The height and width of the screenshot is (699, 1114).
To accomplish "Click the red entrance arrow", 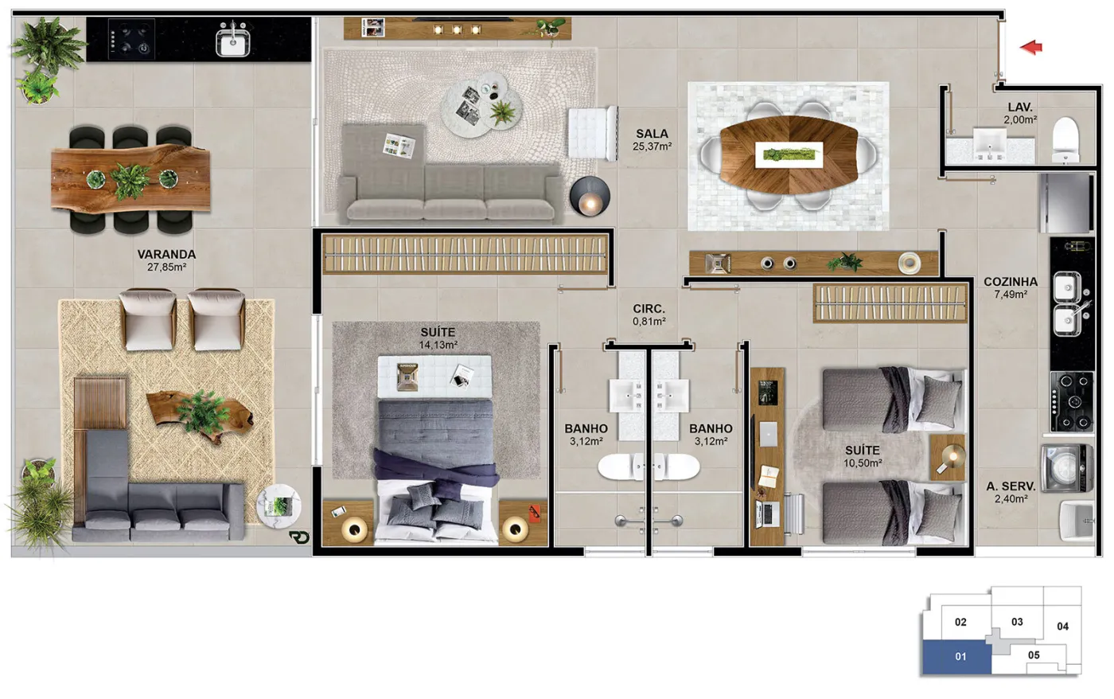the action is (x=1031, y=47).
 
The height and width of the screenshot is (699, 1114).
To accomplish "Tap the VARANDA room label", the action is (x=166, y=254).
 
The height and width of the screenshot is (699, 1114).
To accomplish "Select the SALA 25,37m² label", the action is (x=652, y=140).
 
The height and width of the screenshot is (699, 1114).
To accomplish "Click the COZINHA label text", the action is (x=1011, y=282).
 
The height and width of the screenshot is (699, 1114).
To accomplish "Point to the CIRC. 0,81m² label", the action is (x=649, y=315).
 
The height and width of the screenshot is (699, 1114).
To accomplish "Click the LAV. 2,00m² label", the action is (x=1020, y=113).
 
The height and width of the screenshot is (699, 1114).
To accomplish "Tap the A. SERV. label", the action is (x=1011, y=486).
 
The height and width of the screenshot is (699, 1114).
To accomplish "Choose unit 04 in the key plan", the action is (x=1063, y=627).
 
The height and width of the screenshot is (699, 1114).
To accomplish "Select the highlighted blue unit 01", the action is (x=956, y=657).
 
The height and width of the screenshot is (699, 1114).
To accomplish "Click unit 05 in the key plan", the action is (x=1034, y=655).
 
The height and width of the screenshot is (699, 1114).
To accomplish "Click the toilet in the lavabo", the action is (x=1065, y=140).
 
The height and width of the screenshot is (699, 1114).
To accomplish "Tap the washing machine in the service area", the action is (x=1067, y=467).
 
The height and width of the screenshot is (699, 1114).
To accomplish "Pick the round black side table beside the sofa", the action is (x=590, y=196).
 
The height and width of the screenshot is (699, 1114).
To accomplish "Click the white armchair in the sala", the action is (x=593, y=133).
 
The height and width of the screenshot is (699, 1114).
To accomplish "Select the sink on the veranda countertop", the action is (x=232, y=40).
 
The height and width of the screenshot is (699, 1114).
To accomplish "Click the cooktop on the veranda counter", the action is (x=131, y=39).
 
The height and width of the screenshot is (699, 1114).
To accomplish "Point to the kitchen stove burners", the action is (x=1073, y=401).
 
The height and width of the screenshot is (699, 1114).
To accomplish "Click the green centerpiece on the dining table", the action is (x=789, y=154).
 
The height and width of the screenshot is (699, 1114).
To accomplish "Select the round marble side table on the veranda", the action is (x=278, y=506).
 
